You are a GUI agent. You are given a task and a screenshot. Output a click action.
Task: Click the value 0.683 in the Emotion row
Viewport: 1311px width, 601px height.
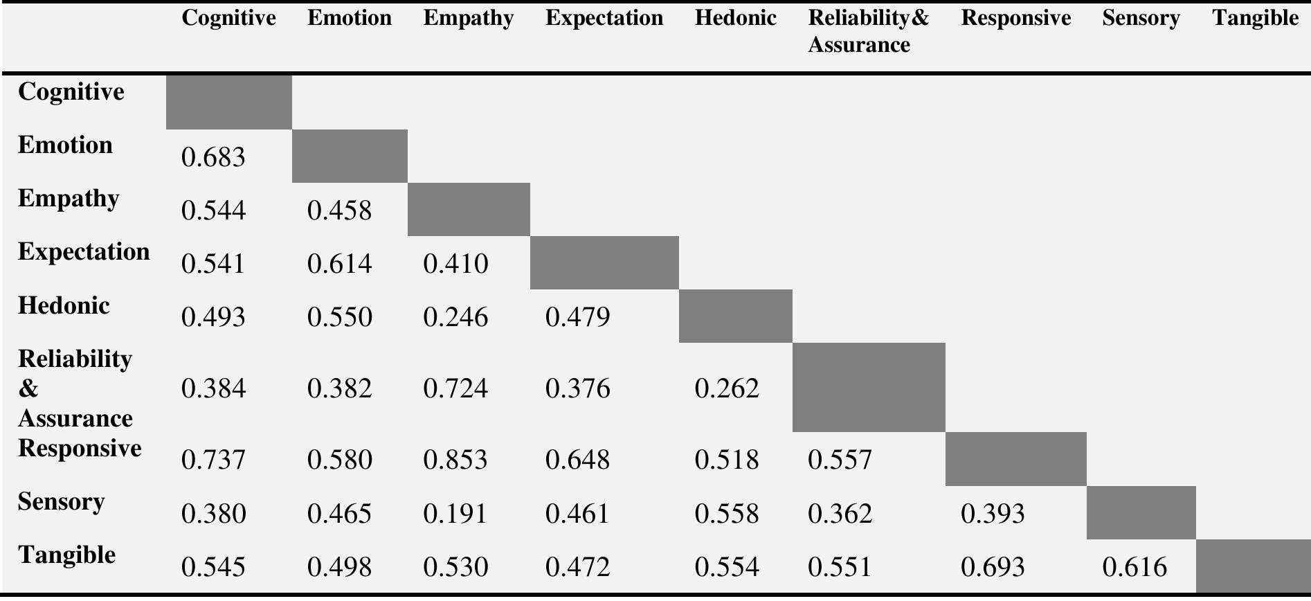pyautogui.click(x=213, y=157)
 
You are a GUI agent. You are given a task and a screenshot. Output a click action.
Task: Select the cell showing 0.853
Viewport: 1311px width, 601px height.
pyautogui.click(x=455, y=460)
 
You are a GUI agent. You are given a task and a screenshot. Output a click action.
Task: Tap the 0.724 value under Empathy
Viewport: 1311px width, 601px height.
pyautogui.click(x=455, y=388)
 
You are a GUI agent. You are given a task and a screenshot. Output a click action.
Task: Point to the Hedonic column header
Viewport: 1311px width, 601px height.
pyautogui.click(x=735, y=18)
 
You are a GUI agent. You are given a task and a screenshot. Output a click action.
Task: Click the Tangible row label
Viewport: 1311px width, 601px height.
pyautogui.click(x=67, y=555)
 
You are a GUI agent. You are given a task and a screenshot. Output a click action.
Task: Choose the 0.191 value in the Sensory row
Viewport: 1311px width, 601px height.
pyautogui.click(x=455, y=514)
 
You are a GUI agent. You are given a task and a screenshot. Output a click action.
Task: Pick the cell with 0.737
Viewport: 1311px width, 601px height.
pyautogui.click(x=213, y=460)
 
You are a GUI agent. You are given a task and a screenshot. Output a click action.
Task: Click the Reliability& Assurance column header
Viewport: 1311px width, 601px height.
pyautogui.click(x=868, y=31)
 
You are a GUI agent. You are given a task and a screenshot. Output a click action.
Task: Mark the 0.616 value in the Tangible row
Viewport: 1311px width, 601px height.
pyautogui.click(x=1134, y=567)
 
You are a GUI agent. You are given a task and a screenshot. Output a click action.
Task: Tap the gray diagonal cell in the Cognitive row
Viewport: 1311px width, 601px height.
pyautogui.click(x=228, y=102)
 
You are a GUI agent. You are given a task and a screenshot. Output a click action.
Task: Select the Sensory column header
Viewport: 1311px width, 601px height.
pyautogui.click(x=1141, y=18)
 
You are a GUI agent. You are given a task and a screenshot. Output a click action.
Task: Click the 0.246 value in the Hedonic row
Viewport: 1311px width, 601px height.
pyautogui.click(x=455, y=317)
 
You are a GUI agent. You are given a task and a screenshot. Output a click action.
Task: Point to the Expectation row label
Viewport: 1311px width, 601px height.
pyautogui.click(x=84, y=251)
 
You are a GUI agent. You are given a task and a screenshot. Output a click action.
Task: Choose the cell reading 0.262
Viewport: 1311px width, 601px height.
pyautogui.click(x=727, y=388)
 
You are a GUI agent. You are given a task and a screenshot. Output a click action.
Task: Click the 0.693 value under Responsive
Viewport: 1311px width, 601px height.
pyautogui.click(x=993, y=567)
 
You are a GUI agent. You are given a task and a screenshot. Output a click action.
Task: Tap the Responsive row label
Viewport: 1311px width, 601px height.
pyautogui.click(x=80, y=448)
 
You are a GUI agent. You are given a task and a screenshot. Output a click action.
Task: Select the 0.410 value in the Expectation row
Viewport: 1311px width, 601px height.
pyautogui.click(x=455, y=264)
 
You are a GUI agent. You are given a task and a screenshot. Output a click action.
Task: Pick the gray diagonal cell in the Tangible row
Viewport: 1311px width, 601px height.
pyautogui.click(x=1253, y=566)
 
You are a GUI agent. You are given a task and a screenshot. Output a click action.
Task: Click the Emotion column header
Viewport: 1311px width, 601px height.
pyautogui.click(x=350, y=18)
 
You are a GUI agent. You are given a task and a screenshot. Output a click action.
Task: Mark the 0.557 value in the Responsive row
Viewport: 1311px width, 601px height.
pyautogui.click(x=840, y=460)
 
